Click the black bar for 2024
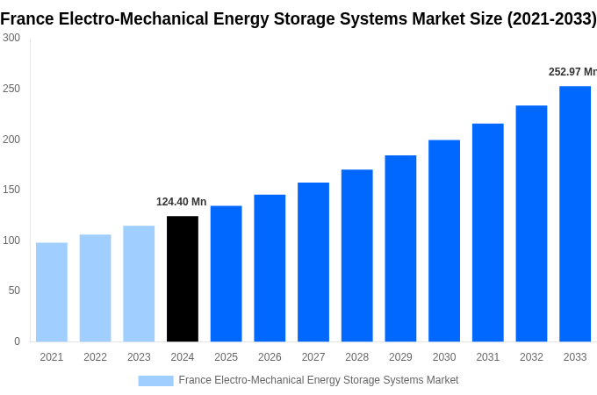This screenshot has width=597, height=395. pyautogui.click(x=183, y=278)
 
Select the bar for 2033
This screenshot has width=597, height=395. pyautogui.click(x=575, y=213)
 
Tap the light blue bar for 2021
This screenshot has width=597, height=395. pyautogui.click(x=52, y=291)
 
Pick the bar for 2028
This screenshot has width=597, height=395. pyautogui.click(x=357, y=255)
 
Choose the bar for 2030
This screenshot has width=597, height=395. pyautogui.click(x=444, y=241)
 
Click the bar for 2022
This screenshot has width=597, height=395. pyautogui.click(x=95, y=288)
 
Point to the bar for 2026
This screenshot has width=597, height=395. pyautogui.click(x=270, y=268)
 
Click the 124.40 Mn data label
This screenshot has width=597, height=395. pyautogui.click(x=182, y=202)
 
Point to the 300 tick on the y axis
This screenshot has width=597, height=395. pyautogui.click(x=11, y=38)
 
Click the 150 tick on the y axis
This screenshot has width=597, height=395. pyautogui.click(x=11, y=190)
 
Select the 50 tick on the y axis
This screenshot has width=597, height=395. pyautogui.click(x=14, y=291)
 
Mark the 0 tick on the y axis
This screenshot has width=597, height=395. pyautogui.click(x=17, y=341)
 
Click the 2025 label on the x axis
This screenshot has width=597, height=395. pyautogui.click(x=226, y=357)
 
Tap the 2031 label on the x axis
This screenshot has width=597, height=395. pyautogui.click(x=487, y=357)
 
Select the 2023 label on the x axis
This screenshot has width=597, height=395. pyautogui.click(x=139, y=357)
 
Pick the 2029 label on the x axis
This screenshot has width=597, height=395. pyautogui.click(x=400, y=357)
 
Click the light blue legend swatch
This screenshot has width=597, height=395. pyautogui.click(x=155, y=380)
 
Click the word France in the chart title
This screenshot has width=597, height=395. pyautogui.click(x=28, y=18)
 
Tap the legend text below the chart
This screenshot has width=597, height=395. pyautogui.click(x=318, y=380)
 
